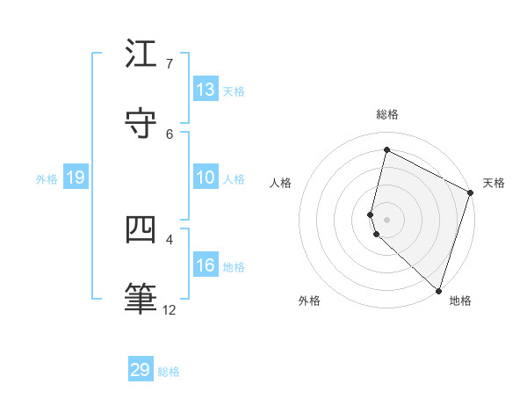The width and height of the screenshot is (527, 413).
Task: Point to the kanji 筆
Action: coord(141,299)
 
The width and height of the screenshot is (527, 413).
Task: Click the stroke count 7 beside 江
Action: coord(170,64)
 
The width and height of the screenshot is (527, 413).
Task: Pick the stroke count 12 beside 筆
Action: coord(170,310)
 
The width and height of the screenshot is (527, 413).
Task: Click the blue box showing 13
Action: coord(206,90)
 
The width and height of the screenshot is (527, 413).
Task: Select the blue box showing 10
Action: coord(206,178)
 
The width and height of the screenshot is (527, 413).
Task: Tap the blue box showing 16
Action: coord(206,265)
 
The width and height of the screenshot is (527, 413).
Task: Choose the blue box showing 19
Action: coord(75,178)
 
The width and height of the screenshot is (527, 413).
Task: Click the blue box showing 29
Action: coord(141,370)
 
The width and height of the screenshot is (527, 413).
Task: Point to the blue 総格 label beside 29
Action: coord(170,372)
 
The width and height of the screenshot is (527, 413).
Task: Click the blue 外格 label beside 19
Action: coord(47,179)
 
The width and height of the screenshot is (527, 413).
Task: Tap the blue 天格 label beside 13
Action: coord(234,91)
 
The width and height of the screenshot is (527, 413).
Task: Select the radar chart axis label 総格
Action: coord(387,114)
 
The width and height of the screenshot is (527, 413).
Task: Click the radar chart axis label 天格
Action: coord(494,183)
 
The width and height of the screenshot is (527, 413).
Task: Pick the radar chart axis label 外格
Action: coord(309,301)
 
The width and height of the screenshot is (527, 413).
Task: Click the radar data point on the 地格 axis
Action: coord(438,289)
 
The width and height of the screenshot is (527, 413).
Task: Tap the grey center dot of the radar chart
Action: coord(387,218)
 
